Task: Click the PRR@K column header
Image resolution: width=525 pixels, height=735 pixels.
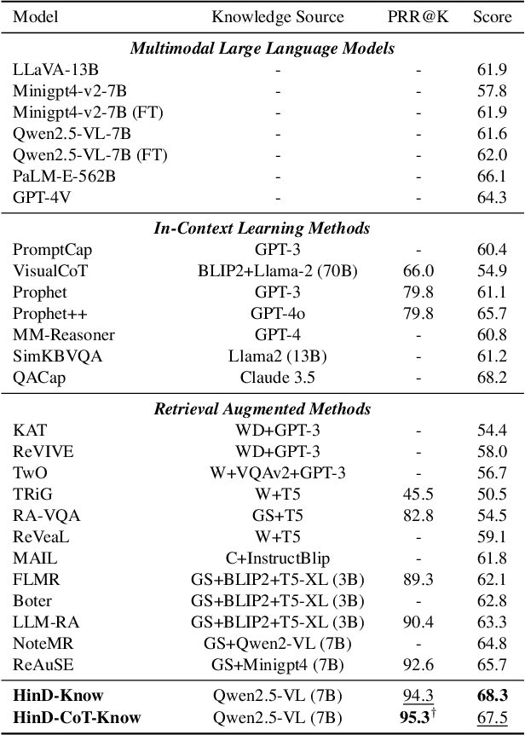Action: pyautogui.click(x=418, y=17)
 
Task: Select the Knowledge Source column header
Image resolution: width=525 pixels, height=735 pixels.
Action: pyautogui.click(x=278, y=17)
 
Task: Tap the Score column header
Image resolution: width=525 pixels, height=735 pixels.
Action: pyautogui.click(x=492, y=17)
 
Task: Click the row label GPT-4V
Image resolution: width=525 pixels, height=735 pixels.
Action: pyautogui.click(x=39, y=197)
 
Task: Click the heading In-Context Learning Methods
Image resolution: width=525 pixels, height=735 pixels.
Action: pyautogui.click(x=262, y=228)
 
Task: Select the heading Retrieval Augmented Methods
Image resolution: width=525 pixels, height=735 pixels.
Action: pyautogui.click(x=262, y=408)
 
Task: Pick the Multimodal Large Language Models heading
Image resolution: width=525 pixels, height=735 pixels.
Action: pyautogui.click(x=262, y=48)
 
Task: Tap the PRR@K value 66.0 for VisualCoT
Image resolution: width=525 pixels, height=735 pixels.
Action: pyautogui.click(x=418, y=271)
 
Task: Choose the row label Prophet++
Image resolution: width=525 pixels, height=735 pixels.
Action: pyautogui.click(x=45, y=314)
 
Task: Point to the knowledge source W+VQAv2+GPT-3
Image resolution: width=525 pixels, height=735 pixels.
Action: pyautogui.click(x=278, y=473)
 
